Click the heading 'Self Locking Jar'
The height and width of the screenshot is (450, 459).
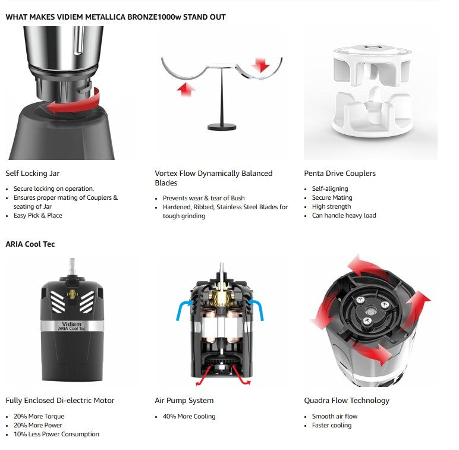(x=33, y=173)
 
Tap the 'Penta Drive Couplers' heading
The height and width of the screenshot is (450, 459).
(x=340, y=173)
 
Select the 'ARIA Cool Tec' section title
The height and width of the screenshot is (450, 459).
(x=30, y=244)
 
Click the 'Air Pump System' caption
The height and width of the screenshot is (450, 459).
(x=184, y=400)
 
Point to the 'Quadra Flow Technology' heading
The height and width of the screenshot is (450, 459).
(x=347, y=400)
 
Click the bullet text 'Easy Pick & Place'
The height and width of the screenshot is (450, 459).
(x=38, y=215)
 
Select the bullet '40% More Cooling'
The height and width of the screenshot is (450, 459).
(x=189, y=416)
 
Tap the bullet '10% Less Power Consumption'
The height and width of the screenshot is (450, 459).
(x=56, y=434)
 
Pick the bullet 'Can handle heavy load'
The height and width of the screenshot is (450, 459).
(x=344, y=215)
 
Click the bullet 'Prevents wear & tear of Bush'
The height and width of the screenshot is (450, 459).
(x=204, y=198)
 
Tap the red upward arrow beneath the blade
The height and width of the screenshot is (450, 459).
(x=186, y=89)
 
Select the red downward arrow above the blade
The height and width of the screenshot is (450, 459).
(x=260, y=65)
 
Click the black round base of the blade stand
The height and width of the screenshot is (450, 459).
(x=222, y=127)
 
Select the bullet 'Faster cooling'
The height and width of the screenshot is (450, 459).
(x=332, y=425)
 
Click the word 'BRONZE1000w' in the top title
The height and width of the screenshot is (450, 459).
(x=154, y=17)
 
